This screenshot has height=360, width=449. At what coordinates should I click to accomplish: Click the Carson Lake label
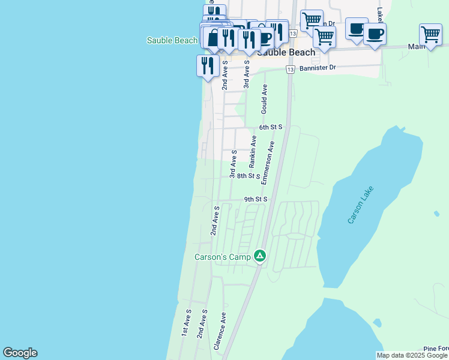(360, 205)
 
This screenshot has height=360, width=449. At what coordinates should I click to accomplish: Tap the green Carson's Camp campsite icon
(260, 256)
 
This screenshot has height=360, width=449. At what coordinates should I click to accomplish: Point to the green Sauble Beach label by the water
(172, 40)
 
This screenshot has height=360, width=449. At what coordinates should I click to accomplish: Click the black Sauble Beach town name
(286, 52)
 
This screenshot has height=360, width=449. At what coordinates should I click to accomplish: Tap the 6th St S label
(271, 127)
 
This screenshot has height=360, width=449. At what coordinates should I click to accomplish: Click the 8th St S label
(248, 176)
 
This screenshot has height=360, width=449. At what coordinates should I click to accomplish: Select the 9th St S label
(255, 199)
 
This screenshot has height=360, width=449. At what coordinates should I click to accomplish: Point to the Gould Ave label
(264, 99)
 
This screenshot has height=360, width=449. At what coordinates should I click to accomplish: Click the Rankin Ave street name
(253, 151)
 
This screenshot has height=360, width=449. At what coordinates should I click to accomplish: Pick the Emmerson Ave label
(271, 158)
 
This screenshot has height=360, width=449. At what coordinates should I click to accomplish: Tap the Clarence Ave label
(220, 331)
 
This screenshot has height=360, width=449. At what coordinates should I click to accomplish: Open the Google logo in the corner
(20, 353)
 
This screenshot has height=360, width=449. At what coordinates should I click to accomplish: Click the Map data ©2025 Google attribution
(412, 355)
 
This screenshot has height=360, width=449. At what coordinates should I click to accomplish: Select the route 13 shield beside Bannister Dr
(291, 70)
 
